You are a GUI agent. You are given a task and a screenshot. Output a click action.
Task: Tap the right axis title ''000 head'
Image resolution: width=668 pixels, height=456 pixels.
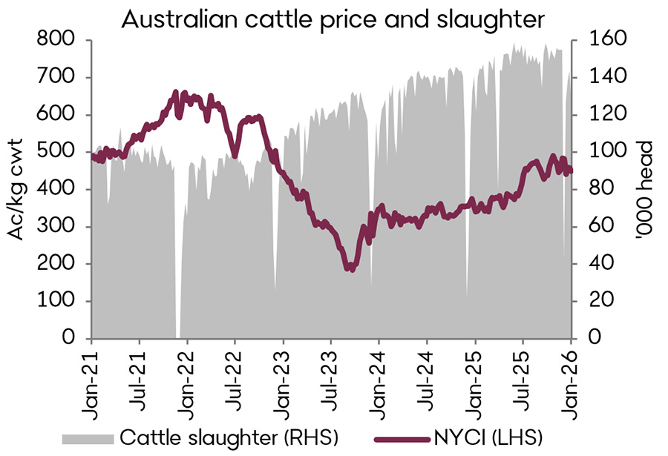tap(642, 189)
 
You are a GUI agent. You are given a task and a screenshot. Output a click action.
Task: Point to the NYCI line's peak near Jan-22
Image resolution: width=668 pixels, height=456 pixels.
tap(177, 93)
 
